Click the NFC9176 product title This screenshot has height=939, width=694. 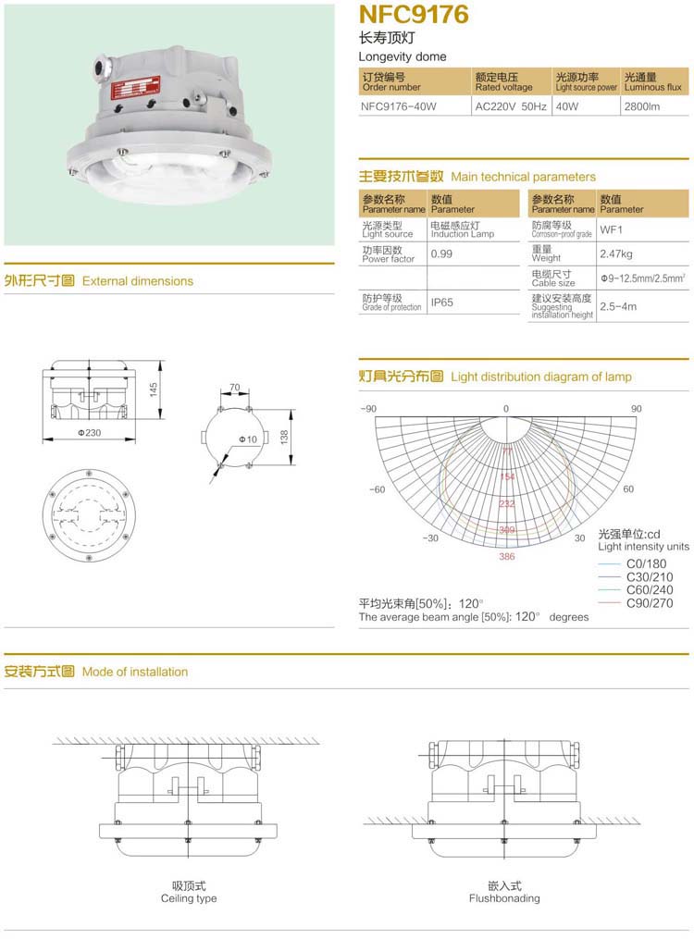tap(414, 15)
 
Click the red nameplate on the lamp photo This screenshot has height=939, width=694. tap(130, 91)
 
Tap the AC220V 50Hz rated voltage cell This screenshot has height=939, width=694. tap(510, 106)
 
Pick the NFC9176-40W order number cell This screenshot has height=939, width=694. tap(398, 106)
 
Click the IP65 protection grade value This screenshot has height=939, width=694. tap(441, 303)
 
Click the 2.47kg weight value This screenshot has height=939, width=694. tap(616, 253)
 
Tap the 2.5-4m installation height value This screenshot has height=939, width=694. tap(618, 305)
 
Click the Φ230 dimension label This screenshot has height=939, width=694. tap(89, 433)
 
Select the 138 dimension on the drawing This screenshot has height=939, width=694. tap(283, 436)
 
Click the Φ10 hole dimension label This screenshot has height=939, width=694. tap(247, 439)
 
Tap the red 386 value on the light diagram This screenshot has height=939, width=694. tap(506, 557)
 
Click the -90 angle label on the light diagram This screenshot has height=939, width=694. tap(368, 408)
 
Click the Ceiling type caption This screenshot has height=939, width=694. tap(189, 898)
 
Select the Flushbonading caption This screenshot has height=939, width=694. tap(504, 898)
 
